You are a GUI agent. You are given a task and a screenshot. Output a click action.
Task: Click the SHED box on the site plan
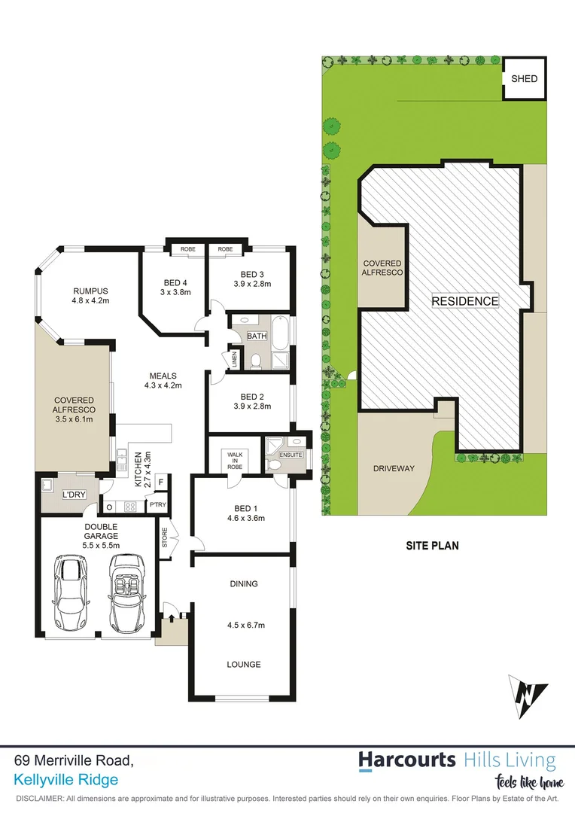point(525,78)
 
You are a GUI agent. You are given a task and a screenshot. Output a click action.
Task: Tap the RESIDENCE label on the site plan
point(464,301)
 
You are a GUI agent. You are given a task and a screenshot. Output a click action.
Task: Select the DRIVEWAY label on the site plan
point(394,468)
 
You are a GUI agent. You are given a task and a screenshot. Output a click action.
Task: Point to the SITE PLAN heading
point(434,546)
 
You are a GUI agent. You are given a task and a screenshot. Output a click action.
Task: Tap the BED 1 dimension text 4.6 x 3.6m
point(241,518)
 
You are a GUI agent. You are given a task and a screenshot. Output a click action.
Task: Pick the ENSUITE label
point(291,455)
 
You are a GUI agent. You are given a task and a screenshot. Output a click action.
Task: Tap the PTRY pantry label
point(157,504)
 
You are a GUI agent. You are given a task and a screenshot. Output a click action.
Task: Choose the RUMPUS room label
point(91,291)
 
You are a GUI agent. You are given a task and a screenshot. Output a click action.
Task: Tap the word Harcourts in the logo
point(406,759)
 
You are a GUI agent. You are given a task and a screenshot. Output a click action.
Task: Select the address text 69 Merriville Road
point(75,761)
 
